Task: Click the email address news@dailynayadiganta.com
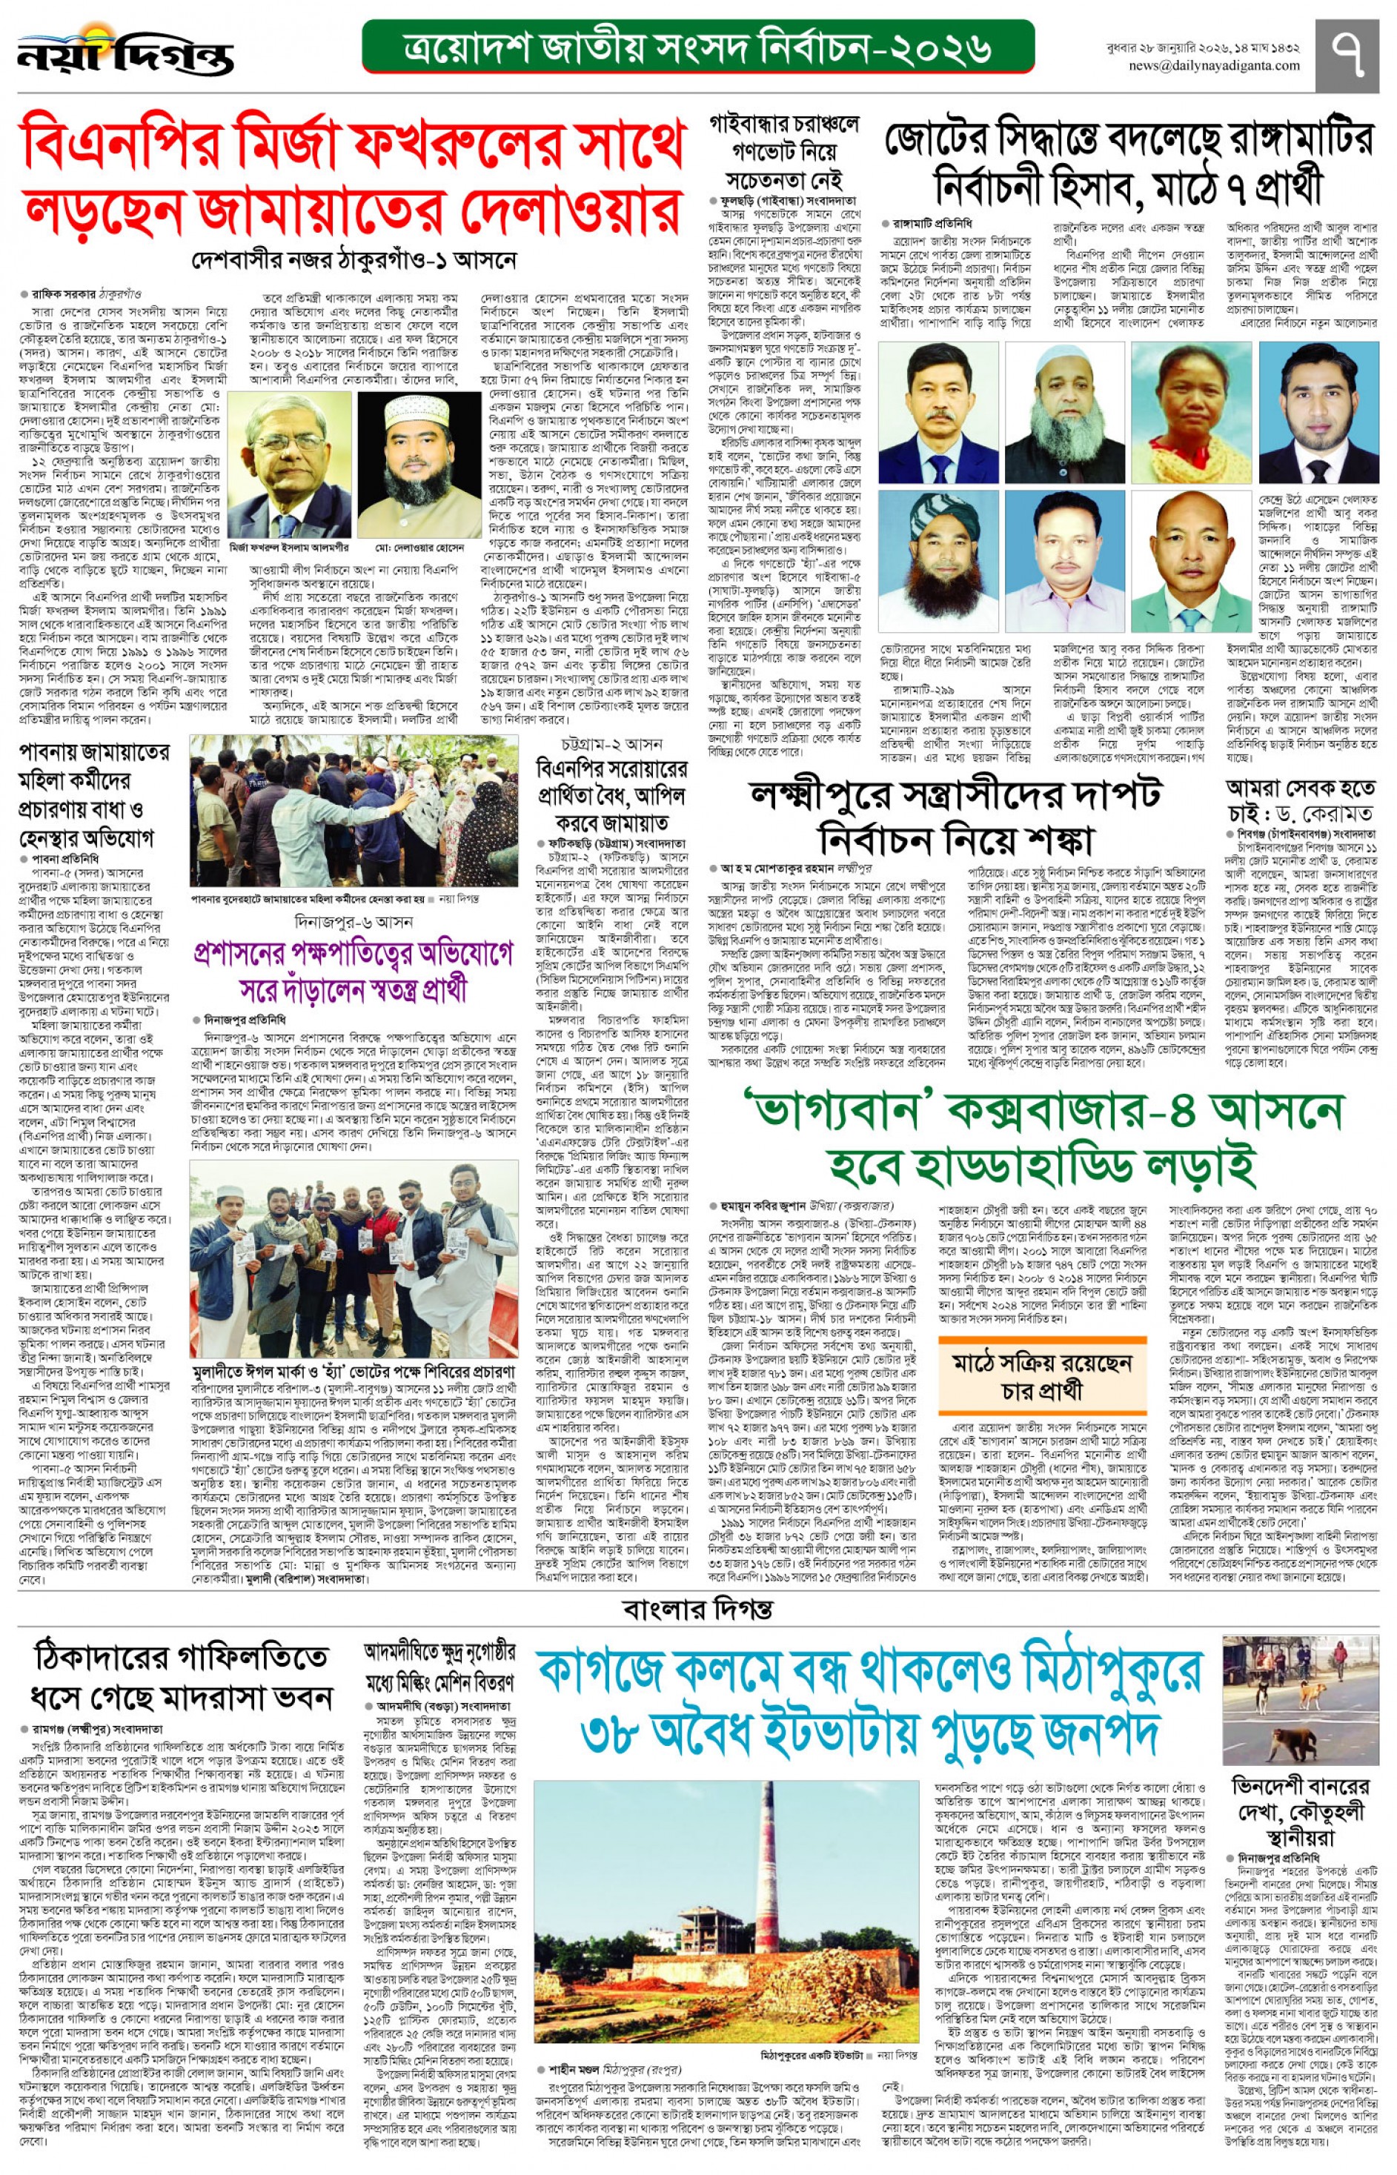(x=1214, y=65)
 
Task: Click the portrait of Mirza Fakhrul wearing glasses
(x=289, y=465)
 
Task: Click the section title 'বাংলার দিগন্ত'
(x=697, y=1609)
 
